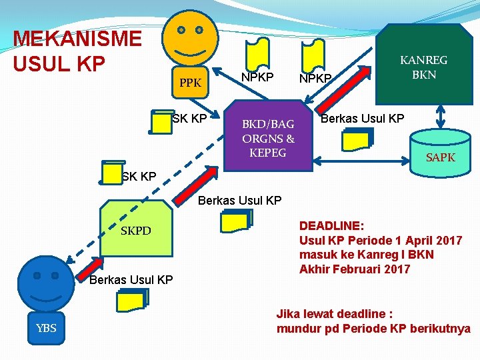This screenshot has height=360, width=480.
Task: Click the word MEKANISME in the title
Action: tap(77, 39)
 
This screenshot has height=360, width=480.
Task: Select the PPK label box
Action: tap(191, 83)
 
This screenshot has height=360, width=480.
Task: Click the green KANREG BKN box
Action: tap(423, 67)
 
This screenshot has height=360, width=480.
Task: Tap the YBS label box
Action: tap(46, 327)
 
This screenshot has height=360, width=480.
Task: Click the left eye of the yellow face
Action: tap(181, 30)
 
